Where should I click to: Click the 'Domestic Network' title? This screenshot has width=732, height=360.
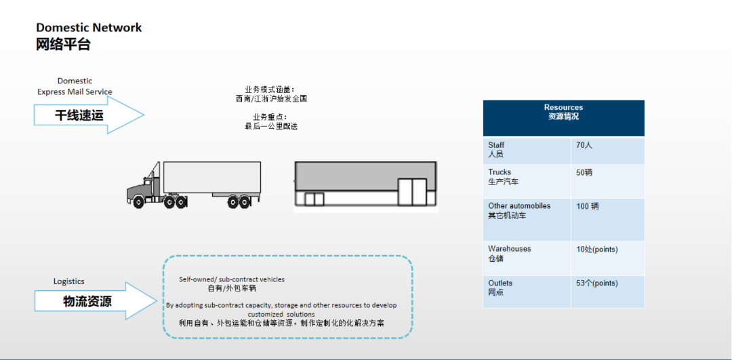pyautogui.click(x=89, y=28)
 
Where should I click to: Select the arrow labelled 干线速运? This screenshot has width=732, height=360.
pyautogui.click(x=89, y=115)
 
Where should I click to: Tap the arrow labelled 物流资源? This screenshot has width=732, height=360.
pyautogui.click(x=95, y=301)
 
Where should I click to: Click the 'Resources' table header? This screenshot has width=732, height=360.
pyautogui.click(x=563, y=112)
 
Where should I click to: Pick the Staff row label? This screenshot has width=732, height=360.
pyautogui.click(x=496, y=149)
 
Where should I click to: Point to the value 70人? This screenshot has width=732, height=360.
pyautogui.click(x=584, y=145)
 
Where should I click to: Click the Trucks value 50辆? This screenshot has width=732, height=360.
pyautogui.click(x=584, y=172)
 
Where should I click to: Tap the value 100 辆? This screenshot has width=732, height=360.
pyautogui.click(x=587, y=206)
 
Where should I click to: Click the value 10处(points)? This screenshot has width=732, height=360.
pyautogui.click(x=596, y=249)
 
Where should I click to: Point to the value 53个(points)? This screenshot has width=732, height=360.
pyautogui.click(x=596, y=283)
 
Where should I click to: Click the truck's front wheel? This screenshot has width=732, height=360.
pyautogui.click(x=138, y=202)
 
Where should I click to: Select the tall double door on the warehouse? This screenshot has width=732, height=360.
pyautogui.click(x=412, y=192)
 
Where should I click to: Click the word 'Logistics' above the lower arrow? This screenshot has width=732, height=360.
pyautogui.click(x=69, y=281)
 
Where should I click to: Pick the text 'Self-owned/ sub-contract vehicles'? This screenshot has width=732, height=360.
pyautogui.click(x=232, y=279)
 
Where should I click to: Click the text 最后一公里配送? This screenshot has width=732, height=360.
pyautogui.click(x=271, y=126)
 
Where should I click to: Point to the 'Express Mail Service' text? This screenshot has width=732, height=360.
pyautogui.click(x=75, y=92)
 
